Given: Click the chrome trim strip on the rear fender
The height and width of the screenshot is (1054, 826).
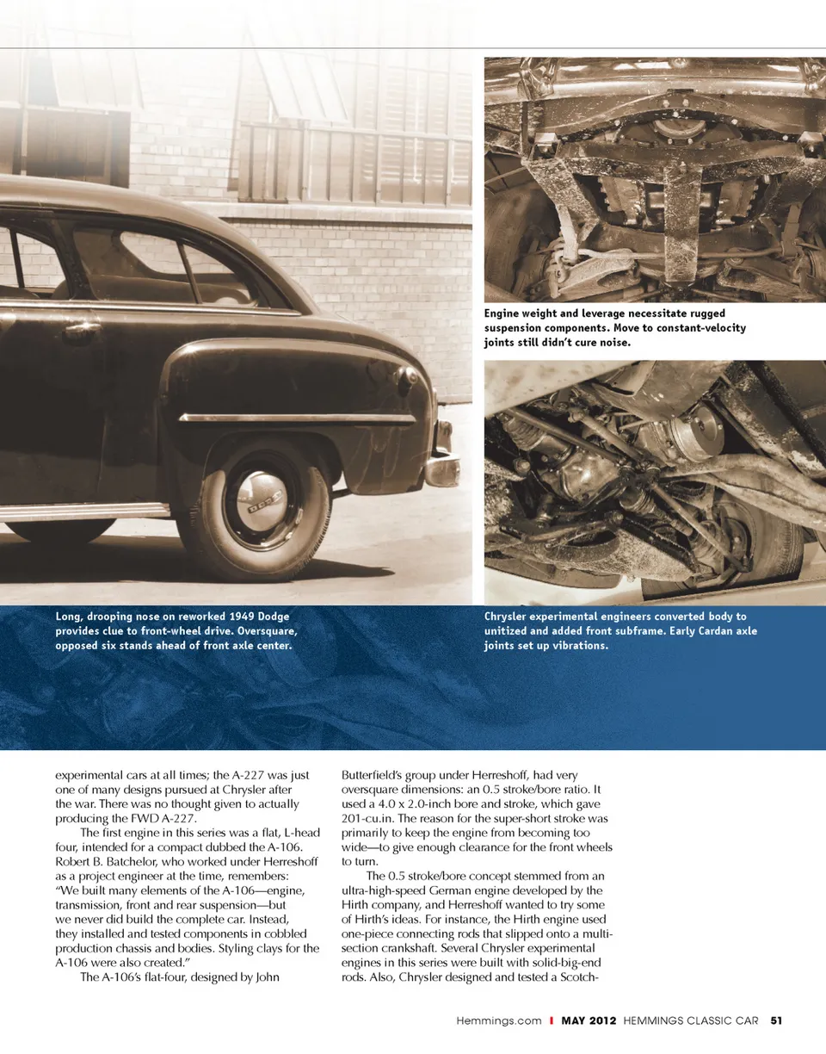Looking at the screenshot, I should coord(297,418).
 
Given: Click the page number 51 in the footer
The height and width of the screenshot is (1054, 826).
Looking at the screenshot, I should coord(776,1021).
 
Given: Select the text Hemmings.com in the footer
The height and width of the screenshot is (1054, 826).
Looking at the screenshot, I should coord(498,1021).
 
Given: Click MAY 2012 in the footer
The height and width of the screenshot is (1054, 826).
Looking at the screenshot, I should coord(589,1021).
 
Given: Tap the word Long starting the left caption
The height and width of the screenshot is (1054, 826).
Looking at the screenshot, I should coord(70,617).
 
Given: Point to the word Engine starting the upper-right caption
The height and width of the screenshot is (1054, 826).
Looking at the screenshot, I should coord(504,313).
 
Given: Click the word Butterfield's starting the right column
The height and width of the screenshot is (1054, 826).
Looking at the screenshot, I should coord(376,776).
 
